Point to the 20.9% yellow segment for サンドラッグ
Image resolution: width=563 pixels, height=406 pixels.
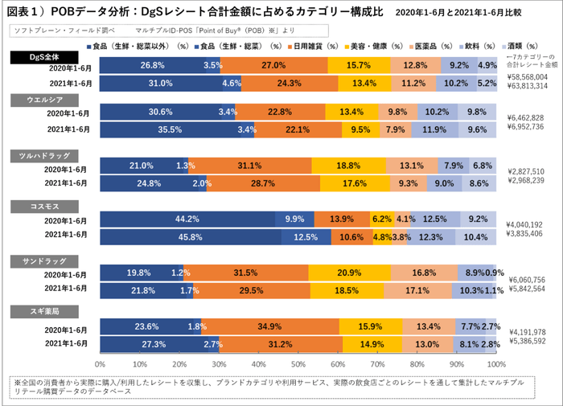click(x=349, y=274)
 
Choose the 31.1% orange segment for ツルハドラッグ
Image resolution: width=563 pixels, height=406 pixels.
click(x=250, y=166)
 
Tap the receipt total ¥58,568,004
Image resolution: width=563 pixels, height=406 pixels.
click(x=528, y=76)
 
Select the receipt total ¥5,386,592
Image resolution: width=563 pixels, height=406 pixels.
click(x=528, y=341)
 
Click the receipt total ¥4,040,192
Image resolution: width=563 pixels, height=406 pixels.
click(x=528, y=224)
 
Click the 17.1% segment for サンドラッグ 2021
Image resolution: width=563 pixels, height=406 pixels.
click(x=423, y=289)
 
